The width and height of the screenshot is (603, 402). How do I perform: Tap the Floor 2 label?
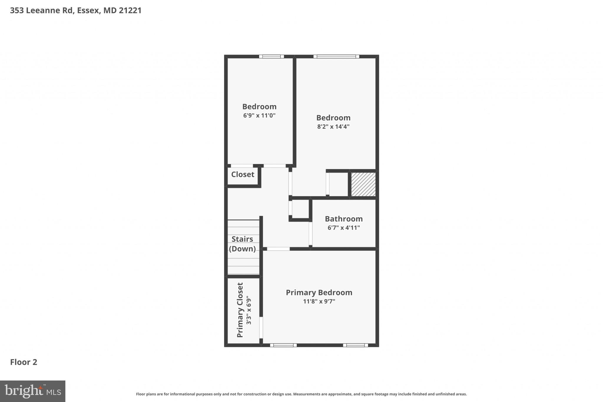tap(24, 362)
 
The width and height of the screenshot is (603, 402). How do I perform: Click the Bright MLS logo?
tap(33, 391)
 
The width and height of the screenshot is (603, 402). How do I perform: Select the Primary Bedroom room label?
tap(319, 292)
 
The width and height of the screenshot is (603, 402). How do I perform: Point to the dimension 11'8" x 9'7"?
tap(319, 301)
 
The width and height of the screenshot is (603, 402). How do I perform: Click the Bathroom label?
tap(344, 219)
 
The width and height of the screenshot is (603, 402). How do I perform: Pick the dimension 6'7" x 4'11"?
tap(344, 228)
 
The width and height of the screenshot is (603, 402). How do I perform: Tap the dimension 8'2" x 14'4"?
tap(333, 127)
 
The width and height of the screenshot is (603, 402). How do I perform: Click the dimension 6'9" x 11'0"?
tap(259, 115)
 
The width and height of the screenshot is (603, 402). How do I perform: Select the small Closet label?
tap(243, 174)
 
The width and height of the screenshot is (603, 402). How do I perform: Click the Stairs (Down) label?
tap(242, 244)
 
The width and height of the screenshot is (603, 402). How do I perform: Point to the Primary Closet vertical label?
tap(240, 310)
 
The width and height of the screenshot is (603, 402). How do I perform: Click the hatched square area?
tap(363, 184)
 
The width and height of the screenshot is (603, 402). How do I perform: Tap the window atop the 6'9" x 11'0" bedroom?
tap(271, 57)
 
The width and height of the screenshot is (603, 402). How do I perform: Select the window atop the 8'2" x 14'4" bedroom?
tap(336, 57)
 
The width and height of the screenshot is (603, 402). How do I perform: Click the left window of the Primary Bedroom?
tap(283, 345)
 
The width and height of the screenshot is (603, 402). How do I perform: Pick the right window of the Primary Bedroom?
tap(355, 345)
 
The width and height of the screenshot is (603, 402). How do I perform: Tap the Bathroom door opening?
tap(310, 233)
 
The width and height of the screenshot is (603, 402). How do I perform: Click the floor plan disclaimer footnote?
tap(301, 394)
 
